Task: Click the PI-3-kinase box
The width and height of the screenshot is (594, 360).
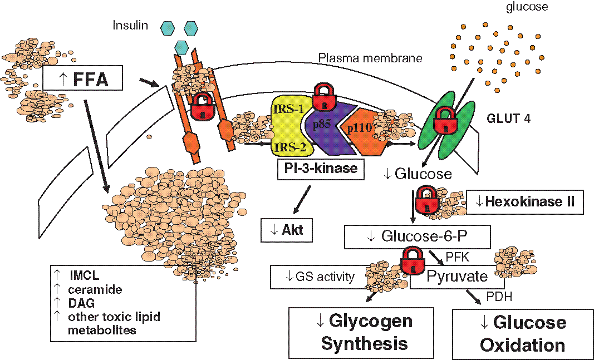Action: pyautogui.click(x=320, y=167)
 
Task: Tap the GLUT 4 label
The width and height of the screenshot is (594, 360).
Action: pyautogui.click(x=507, y=118)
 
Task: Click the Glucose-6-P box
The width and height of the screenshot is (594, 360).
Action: pyautogui.click(x=417, y=236)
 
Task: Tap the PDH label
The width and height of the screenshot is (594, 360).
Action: pyautogui.click(x=500, y=297)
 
